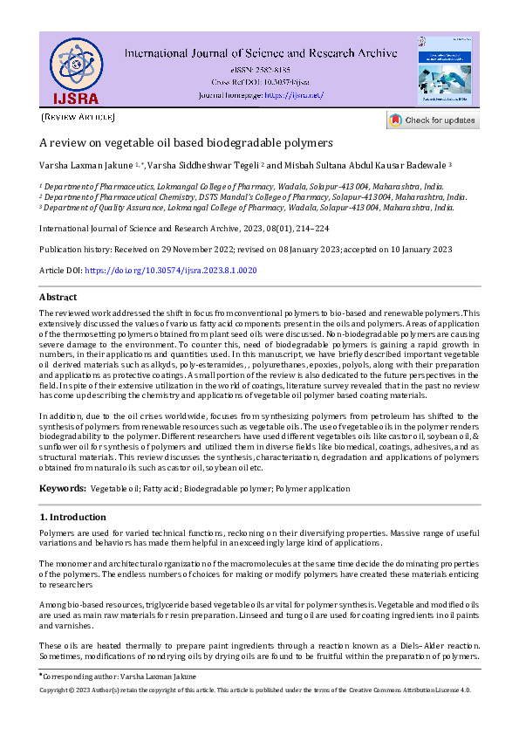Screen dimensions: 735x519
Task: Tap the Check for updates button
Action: point(432,120)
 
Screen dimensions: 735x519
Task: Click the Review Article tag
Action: point(78,116)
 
